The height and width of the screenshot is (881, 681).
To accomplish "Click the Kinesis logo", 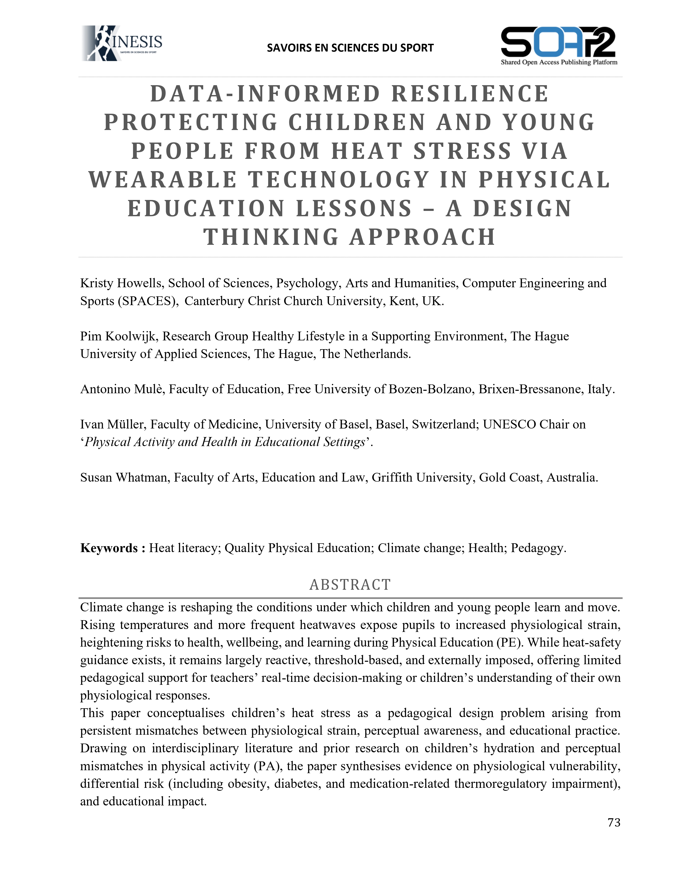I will tap(122, 43).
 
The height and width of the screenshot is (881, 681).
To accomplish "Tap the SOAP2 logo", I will tap(559, 45).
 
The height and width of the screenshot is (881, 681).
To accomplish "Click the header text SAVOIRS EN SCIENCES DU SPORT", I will tap(350, 48).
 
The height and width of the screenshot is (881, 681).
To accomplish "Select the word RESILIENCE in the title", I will tap(470, 94).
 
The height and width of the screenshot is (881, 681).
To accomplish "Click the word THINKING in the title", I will tap(271, 237).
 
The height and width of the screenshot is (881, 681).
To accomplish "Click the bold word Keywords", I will tap(109, 548).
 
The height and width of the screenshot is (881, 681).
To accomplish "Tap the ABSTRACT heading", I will tap(350, 584).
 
